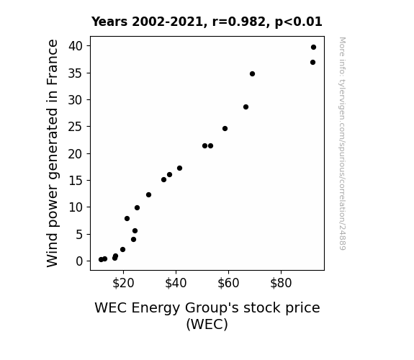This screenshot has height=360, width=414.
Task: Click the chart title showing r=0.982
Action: [x=207, y=22]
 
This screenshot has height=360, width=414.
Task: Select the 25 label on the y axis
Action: [x=76, y=127]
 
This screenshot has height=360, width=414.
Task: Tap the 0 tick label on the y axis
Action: [x=79, y=261]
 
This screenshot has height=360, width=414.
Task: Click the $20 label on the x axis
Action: [x=123, y=283]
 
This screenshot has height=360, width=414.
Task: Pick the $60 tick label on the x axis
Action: [x=228, y=283]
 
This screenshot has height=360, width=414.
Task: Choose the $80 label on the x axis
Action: [x=281, y=283]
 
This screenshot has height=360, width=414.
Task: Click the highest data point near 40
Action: [x=313, y=48]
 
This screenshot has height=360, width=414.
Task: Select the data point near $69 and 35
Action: [x=252, y=74]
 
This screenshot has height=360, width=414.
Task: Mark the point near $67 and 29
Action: [x=246, y=107]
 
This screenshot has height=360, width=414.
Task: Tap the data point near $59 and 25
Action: [x=225, y=129]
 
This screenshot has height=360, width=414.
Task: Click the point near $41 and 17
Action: [x=179, y=168]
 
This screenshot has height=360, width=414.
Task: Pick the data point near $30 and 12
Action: [x=148, y=194]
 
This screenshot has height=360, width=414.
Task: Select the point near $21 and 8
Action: [x=127, y=218]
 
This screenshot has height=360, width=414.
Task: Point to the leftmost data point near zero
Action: [x=101, y=260]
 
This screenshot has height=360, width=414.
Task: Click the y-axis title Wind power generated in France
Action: [x=52, y=153]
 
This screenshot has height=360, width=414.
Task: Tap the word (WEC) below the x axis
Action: [x=207, y=324]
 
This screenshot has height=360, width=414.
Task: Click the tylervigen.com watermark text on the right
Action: [x=342, y=143]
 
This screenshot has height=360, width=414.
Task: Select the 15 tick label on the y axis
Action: [x=76, y=181]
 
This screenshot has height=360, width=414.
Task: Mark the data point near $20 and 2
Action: [x=122, y=250]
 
